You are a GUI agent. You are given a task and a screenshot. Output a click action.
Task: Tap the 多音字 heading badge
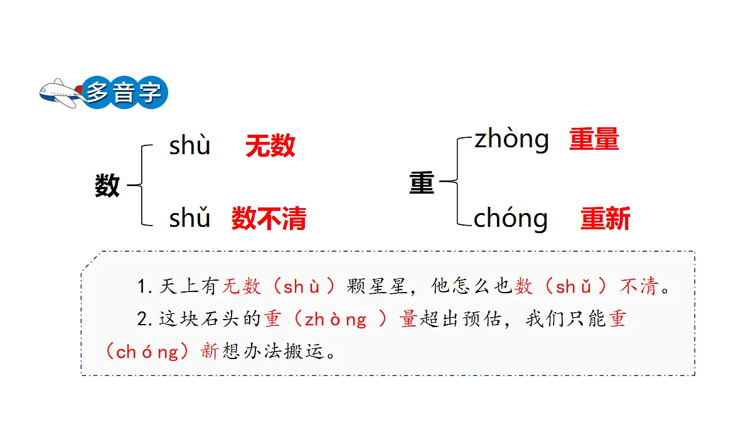point(124,92)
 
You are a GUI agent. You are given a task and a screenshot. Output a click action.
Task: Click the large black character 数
point(107,185)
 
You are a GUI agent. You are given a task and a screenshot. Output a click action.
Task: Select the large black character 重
point(422,182)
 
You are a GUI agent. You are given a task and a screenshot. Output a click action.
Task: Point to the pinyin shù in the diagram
point(190,146)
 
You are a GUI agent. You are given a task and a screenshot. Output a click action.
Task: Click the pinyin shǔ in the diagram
point(190,217)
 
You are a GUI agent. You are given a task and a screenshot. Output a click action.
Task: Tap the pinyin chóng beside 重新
point(511,219)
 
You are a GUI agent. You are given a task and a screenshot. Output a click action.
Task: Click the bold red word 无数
point(270,145)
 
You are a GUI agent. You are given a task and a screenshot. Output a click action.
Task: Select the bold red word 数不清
point(269,218)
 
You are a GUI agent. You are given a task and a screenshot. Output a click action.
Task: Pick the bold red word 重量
point(594,138)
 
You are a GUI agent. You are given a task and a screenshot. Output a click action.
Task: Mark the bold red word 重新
point(606,218)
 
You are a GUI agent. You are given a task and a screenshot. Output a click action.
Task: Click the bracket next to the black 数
point(142,185)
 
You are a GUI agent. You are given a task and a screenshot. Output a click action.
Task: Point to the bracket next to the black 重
point(457,181)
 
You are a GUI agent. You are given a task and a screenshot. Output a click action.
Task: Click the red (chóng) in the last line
point(147,352)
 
